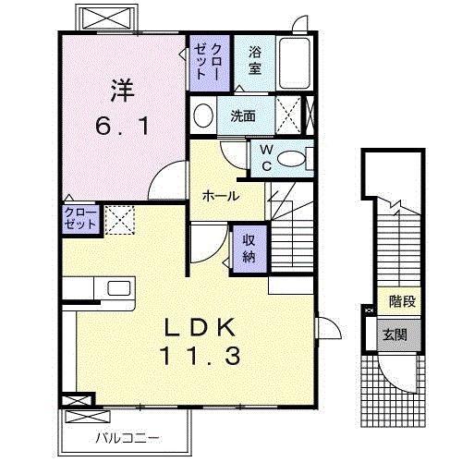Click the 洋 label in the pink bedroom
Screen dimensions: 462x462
(x=123, y=91)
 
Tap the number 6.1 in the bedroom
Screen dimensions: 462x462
(x=123, y=127)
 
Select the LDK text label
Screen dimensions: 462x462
(x=201, y=328)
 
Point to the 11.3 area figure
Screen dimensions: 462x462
(x=201, y=356)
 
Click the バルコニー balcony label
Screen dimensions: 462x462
(x=128, y=438)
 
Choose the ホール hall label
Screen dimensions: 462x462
(x=221, y=196)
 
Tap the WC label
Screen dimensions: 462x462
(x=267, y=158)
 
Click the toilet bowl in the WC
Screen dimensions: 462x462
(x=291, y=159)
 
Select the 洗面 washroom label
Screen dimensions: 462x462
(x=243, y=115)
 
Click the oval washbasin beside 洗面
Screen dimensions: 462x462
(x=203, y=115)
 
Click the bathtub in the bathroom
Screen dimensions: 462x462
(x=295, y=63)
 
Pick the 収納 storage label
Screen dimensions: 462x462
(x=249, y=249)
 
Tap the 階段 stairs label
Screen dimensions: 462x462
(x=403, y=301)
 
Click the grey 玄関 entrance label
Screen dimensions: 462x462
(x=395, y=334)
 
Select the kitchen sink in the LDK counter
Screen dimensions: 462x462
(x=119, y=289)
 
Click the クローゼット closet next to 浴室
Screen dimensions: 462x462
(x=210, y=63)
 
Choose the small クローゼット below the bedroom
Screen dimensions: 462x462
(x=81, y=219)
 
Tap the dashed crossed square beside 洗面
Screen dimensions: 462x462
(x=288, y=115)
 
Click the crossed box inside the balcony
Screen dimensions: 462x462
(x=88, y=417)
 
